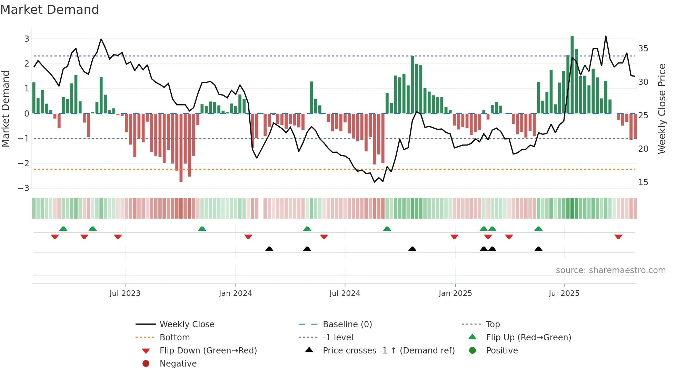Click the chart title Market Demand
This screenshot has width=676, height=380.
(x=50, y=10)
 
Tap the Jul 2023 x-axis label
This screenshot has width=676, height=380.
(x=125, y=293)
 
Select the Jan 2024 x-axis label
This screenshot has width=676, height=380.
(x=235, y=293)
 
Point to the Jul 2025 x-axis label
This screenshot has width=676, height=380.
(x=564, y=293)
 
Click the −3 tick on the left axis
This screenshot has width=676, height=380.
(x=23, y=188)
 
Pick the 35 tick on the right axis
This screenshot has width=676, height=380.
(x=643, y=49)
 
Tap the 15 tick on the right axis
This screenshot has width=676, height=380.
(x=643, y=182)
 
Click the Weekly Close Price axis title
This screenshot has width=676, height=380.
(x=662, y=109)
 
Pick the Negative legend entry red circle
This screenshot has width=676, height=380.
(x=146, y=364)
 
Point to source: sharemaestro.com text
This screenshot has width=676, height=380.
(x=610, y=270)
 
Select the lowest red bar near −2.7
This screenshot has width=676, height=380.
(x=181, y=148)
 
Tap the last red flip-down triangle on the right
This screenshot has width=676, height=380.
(x=618, y=237)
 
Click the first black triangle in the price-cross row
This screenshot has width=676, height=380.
(x=269, y=249)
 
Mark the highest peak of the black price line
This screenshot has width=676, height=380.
(x=606, y=36)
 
